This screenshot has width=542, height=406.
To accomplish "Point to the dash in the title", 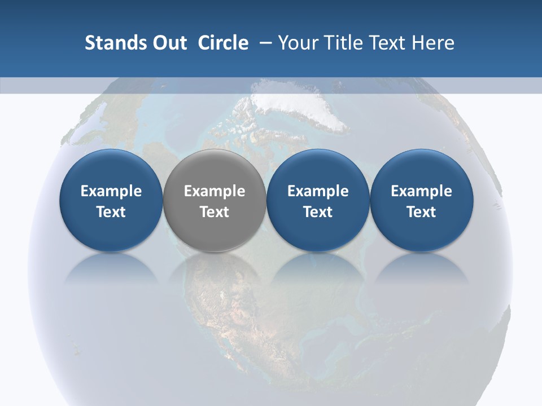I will [264, 43].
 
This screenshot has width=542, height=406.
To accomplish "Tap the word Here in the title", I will [433, 43].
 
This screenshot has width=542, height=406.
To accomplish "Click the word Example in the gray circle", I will [214, 191].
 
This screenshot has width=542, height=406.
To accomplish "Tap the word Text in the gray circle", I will [214, 212].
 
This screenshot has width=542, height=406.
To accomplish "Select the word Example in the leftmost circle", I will [111, 191].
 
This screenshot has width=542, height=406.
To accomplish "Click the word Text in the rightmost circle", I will [421, 212].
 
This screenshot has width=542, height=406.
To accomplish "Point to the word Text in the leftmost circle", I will [111, 212].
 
